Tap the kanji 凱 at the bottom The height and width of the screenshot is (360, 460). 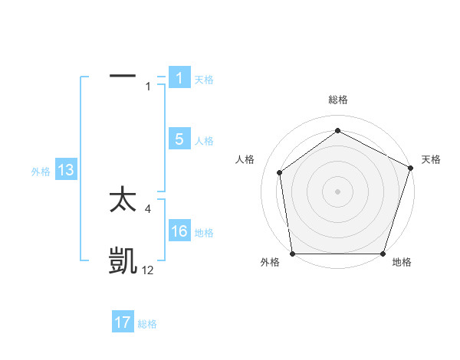tap(123, 261)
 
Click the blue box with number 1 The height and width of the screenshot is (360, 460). tap(179, 78)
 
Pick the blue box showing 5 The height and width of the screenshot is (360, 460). tap(179, 139)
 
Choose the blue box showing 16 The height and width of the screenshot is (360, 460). tap(179, 231)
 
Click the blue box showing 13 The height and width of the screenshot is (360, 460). tap(66, 171)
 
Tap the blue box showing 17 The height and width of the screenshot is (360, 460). tap(123, 322)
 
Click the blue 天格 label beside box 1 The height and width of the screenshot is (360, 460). tap(204, 80)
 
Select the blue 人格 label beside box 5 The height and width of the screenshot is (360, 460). tap(204, 141)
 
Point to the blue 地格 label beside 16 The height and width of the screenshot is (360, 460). tap(204, 233)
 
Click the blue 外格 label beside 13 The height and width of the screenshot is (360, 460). tap(41, 172)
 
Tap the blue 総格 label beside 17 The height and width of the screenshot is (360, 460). tap(147, 324)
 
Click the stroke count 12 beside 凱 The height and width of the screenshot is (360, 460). tap(147, 270)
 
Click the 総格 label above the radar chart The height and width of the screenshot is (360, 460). tap(337, 100)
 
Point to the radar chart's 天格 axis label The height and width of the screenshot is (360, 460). tap(431, 159)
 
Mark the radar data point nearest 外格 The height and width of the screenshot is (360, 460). tap(292, 254)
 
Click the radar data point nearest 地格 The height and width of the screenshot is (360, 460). tap(383, 254)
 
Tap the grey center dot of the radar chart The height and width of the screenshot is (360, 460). tap(337, 191)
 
